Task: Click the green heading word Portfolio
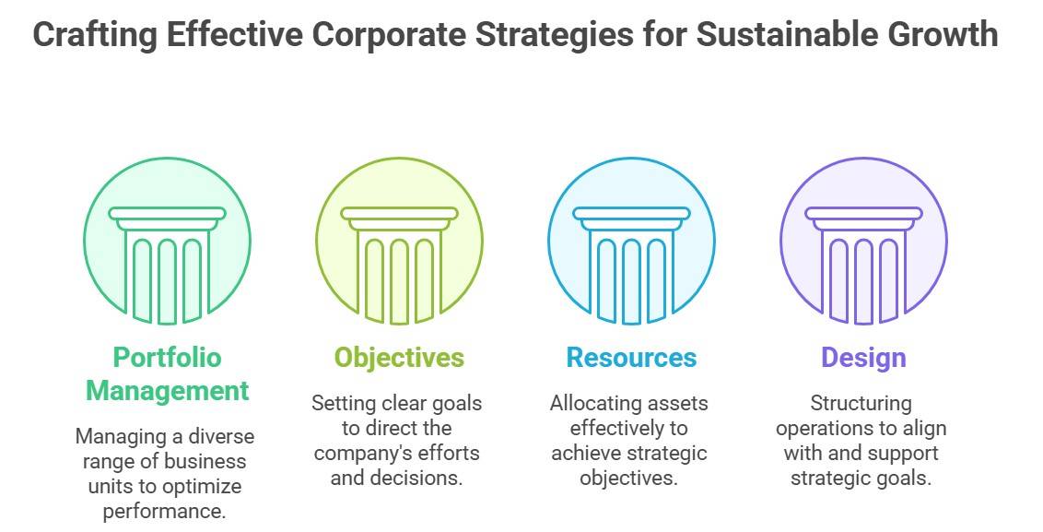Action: [167, 358]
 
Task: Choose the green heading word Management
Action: [167, 390]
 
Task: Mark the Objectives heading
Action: [399, 358]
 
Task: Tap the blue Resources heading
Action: [631, 358]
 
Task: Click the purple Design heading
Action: [863, 358]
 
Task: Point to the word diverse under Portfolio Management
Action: [221, 436]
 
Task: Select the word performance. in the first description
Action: [164, 511]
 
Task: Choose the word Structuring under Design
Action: [861, 403]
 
